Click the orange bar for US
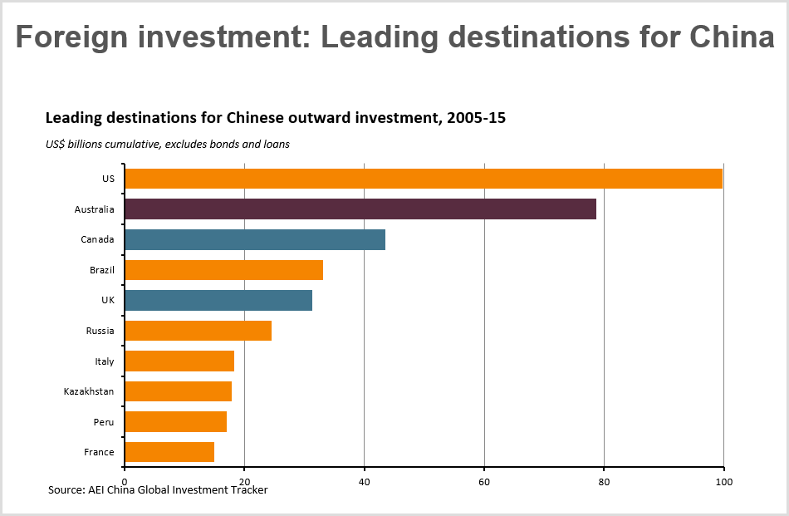click(423, 179)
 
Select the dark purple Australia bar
click(360, 209)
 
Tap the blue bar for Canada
click(254, 239)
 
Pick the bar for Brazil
click(223, 270)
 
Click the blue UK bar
click(218, 300)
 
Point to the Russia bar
click(198, 331)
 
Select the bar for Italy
click(179, 361)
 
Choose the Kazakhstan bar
click(178, 391)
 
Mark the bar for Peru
click(175, 421)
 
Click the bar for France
click(169, 452)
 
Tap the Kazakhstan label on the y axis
click(89, 391)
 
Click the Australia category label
click(94, 209)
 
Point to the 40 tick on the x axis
click(364, 481)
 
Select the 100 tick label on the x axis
click(723, 481)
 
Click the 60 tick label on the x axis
click(484, 481)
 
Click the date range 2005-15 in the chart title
click(476, 118)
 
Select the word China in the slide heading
click(729, 37)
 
